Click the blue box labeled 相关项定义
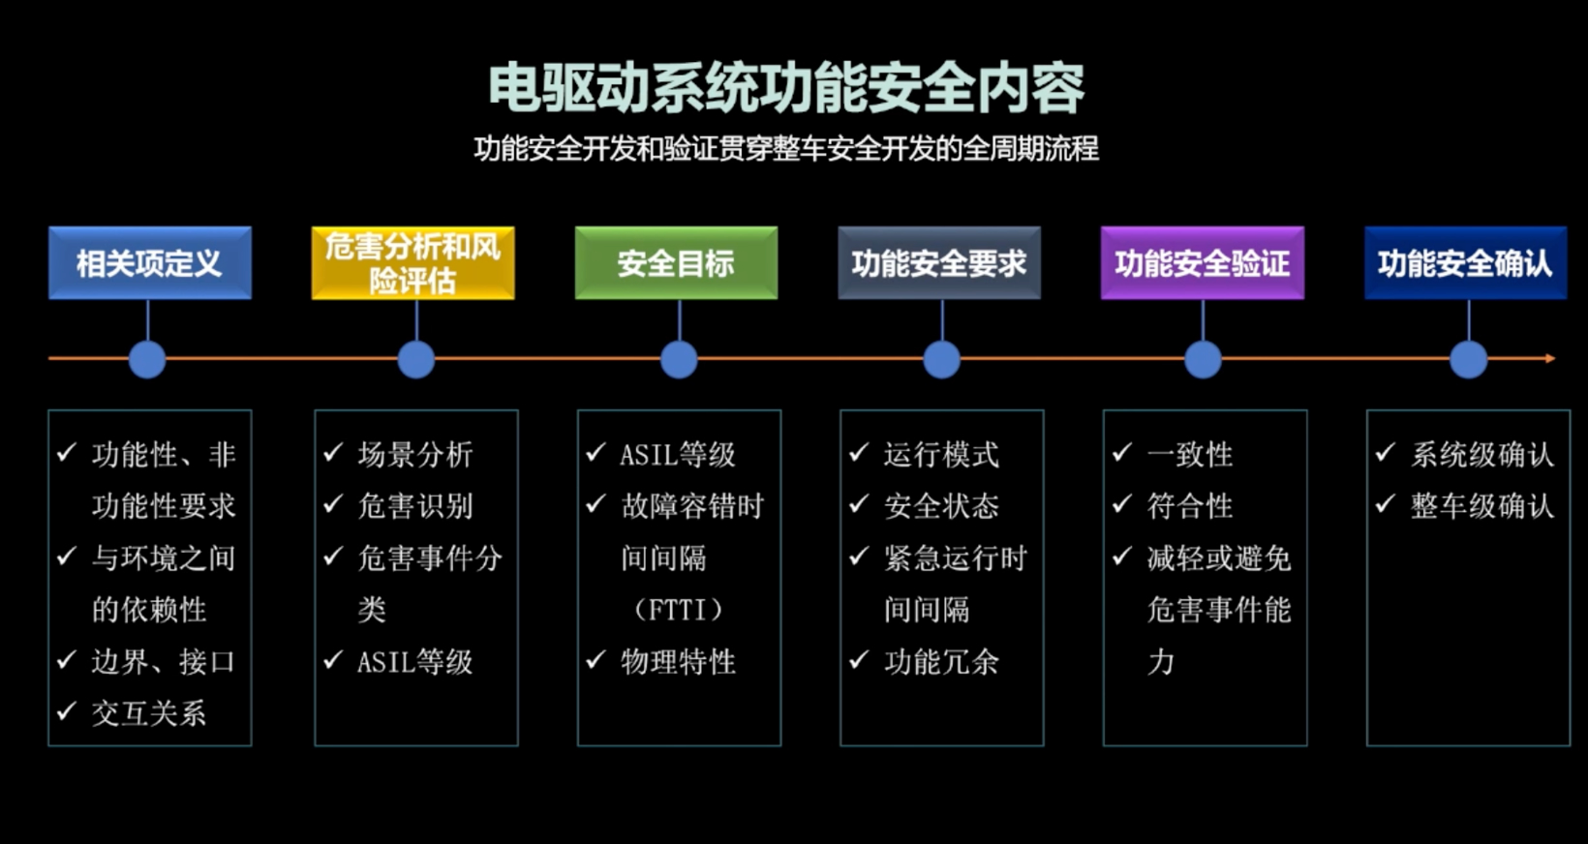[150, 263]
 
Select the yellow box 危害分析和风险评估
[412, 263]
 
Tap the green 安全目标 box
[676, 263]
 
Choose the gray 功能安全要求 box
[939, 263]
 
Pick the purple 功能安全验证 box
[1203, 263]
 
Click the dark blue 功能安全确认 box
[1465, 263]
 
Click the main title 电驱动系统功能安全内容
[786, 88]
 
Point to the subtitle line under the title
[786, 149]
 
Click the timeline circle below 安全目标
[679, 359]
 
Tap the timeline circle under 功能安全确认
[1468, 359]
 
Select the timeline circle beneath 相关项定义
[147, 359]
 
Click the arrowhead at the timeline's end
[1550, 358]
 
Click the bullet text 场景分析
[415, 454]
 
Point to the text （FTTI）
[677, 610]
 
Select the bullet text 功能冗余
[941, 662]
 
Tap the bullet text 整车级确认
[1481, 506]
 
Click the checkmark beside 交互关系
[67, 711]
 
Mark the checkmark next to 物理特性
[595, 660]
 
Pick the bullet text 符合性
[1190, 506]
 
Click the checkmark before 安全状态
[859, 504]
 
